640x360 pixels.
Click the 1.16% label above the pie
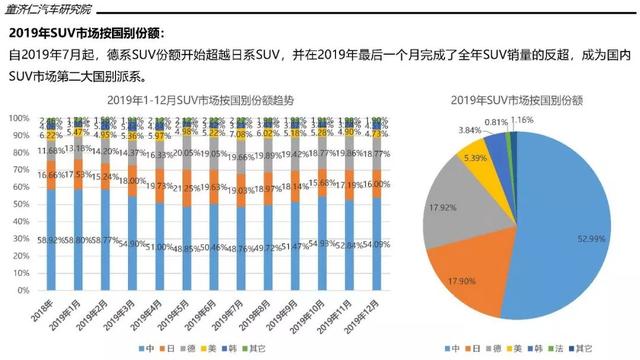550,120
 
